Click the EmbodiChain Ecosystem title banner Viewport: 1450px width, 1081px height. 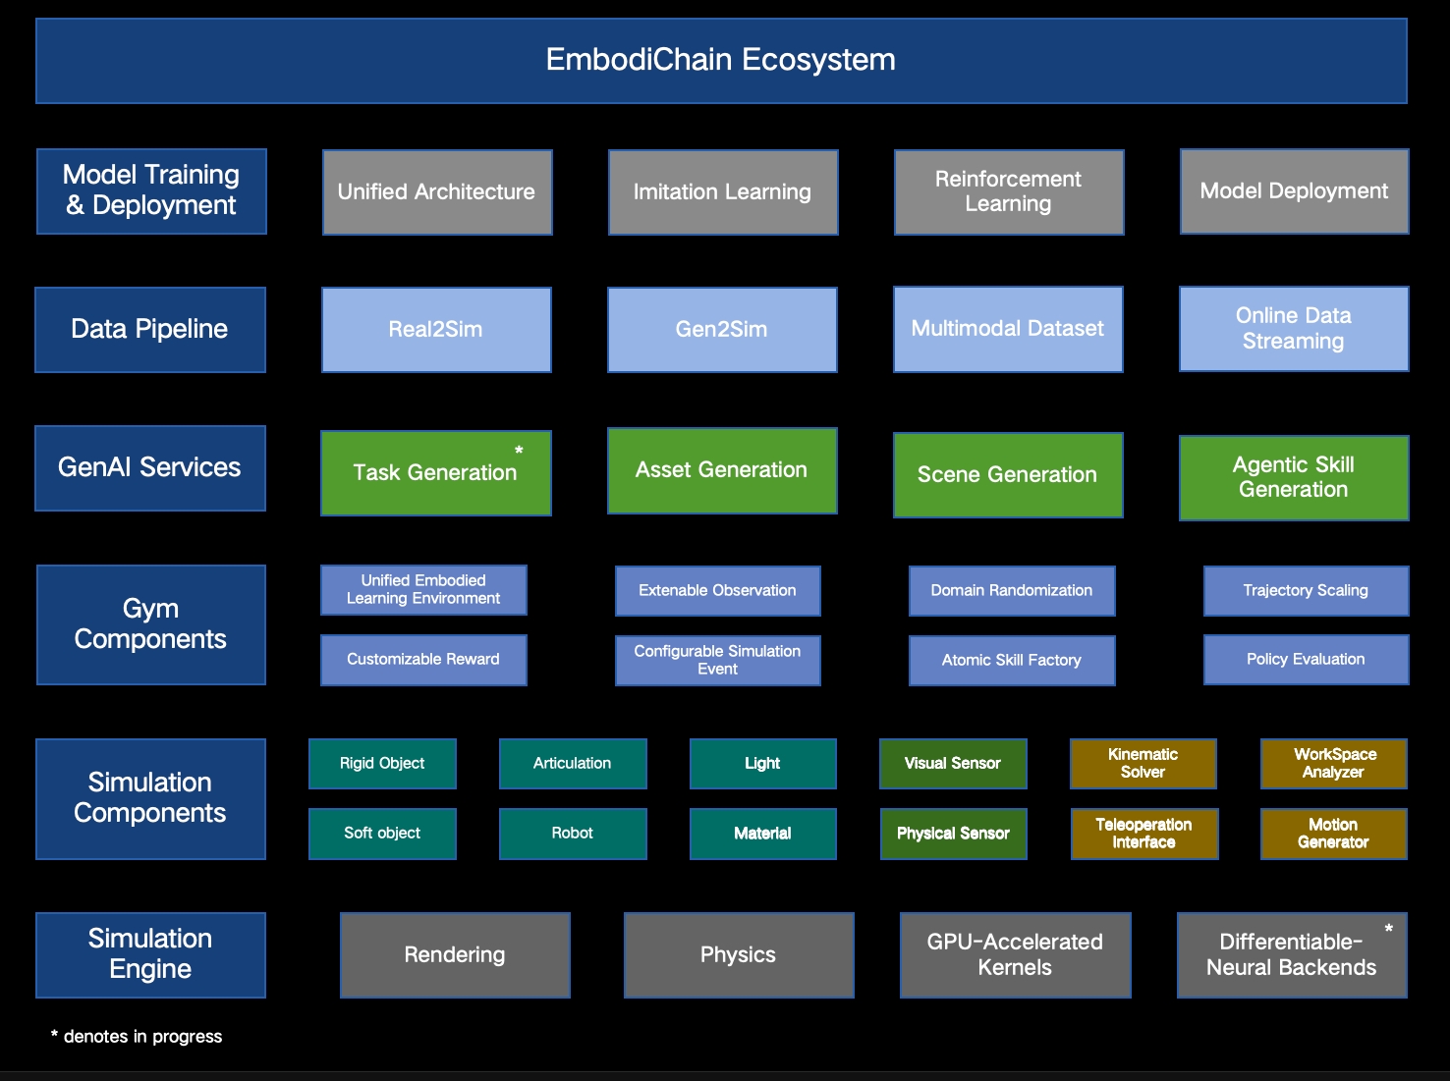(x=721, y=61)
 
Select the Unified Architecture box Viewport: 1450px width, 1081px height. (x=437, y=192)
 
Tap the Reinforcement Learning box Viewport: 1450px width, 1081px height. (x=1009, y=192)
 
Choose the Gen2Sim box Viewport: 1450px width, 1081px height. (x=722, y=330)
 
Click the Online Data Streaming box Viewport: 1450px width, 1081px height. (x=1294, y=329)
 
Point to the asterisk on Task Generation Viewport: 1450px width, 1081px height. (x=519, y=451)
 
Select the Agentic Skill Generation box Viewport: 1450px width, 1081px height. (x=1294, y=478)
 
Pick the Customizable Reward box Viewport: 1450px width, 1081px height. (x=423, y=660)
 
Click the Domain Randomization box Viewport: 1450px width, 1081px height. (x=1012, y=591)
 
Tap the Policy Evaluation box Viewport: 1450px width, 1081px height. (x=1306, y=660)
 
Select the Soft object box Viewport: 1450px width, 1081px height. (x=382, y=834)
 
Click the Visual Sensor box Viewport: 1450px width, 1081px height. (x=953, y=764)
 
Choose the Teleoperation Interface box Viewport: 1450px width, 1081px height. (x=1144, y=834)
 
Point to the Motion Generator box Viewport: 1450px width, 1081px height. (x=1333, y=834)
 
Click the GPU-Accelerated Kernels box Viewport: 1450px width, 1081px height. (x=1015, y=955)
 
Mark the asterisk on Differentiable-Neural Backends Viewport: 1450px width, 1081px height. (x=1388, y=929)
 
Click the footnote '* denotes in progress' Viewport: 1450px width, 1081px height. (x=137, y=1037)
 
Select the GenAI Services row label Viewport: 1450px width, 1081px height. (x=150, y=468)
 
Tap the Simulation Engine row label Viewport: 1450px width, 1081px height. (x=150, y=955)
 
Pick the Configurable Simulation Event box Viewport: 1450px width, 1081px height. (x=717, y=660)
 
